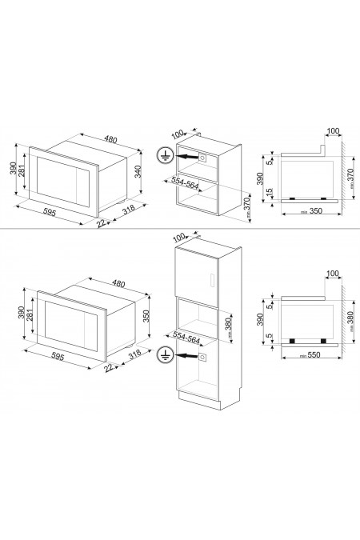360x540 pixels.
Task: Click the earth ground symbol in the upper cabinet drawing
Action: point(166,158)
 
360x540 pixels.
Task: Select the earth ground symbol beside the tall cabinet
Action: point(166,353)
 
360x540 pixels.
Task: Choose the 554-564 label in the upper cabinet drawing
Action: point(186,182)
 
